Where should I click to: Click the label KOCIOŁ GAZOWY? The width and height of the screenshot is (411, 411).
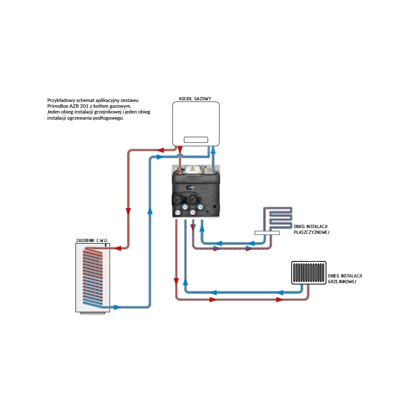coord(195,99)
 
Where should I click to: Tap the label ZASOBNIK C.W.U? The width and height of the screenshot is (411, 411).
coord(92,240)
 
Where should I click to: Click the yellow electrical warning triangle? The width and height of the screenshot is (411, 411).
coord(192,168)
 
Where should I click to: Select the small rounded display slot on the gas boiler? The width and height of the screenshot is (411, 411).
coord(196,140)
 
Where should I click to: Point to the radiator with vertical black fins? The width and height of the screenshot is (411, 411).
coord(308,273)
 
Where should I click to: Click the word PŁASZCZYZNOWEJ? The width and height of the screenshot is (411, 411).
coord(312,232)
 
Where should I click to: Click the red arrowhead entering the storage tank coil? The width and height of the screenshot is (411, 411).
coord(116,247)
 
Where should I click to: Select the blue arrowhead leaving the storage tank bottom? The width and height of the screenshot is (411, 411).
coord(117,307)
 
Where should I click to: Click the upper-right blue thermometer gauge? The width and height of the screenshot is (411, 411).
coord(201,207)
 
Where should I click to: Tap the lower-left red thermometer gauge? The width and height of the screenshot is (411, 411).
coord(178,212)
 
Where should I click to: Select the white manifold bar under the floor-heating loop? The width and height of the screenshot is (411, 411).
coord(267,233)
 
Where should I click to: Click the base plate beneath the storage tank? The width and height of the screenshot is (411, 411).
coord(93,313)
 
